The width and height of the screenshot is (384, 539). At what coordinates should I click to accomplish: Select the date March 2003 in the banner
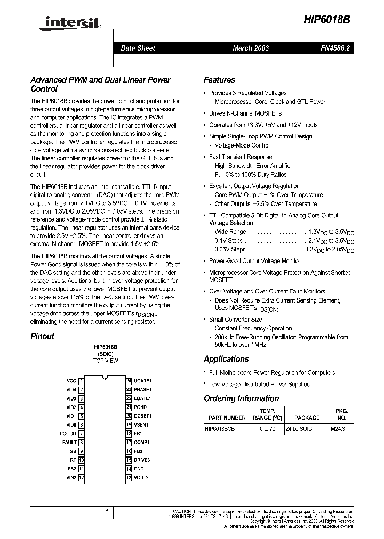pyautogui.click(x=251, y=48)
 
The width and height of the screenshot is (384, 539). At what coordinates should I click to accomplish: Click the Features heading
pyautogui.click(x=219, y=80)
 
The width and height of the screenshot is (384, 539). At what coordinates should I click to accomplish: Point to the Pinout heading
pyautogui.click(x=42, y=336)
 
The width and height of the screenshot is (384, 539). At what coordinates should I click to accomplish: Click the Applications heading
pyautogui.click(x=226, y=359)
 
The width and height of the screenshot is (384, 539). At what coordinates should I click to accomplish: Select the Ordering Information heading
pyautogui.click(x=241, y=398)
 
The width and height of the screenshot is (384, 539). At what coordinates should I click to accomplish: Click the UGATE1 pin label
pyautogui.click(x=142, y=381)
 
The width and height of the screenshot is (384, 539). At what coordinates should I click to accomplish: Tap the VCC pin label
pyautogui.click(x=71, y=381)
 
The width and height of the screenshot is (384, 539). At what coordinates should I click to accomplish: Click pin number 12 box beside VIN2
pyautogui.click(x=81, y=477)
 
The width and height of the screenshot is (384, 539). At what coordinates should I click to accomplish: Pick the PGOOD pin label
pyautogui.click(x=68, y=434)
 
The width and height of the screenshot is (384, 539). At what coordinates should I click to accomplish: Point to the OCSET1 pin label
pyautogui.click(x=142, y=416)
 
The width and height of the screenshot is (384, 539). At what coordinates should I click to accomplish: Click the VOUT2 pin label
pyautogui.click(x=141, y=477)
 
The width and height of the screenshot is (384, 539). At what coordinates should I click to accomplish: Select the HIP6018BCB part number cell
pyautogui.click(x=220, y=429)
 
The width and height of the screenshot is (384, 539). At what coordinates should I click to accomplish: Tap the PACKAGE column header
pyautogui.click(x=307, y=418)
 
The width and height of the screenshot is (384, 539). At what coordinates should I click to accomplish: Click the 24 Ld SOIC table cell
pyautogui.click(x=299, y=429)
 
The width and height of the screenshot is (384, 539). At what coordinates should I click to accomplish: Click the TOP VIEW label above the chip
pyautogui.click(x=106, y=361)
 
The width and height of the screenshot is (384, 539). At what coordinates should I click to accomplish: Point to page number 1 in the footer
pyautogui.click(x=107, y=512)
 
